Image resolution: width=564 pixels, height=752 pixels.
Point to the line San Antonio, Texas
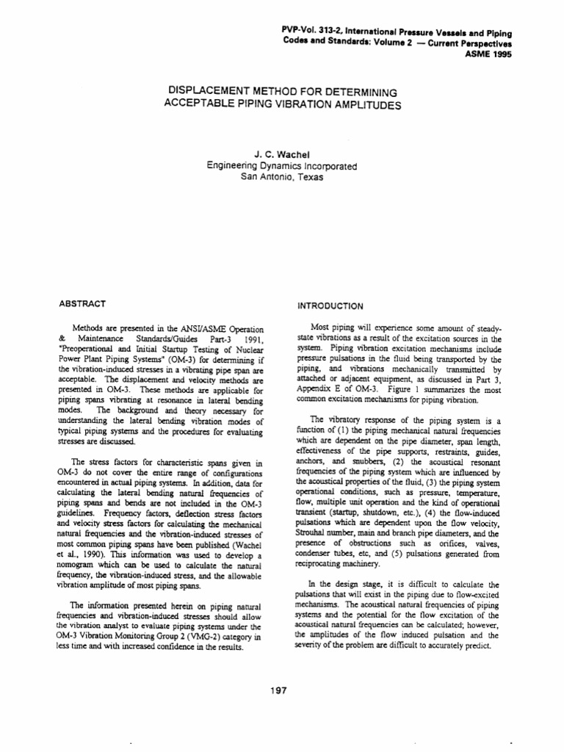pyautogui.click(x=283, y=177)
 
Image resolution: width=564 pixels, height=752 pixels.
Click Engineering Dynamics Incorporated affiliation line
pyautogui.click(x=283, y=166)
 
